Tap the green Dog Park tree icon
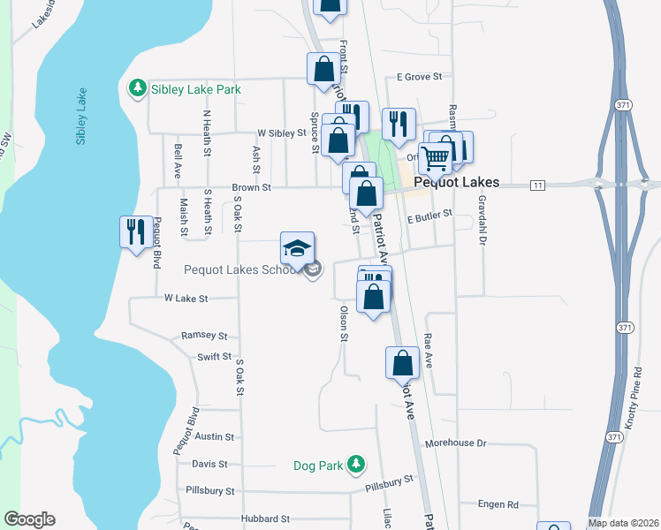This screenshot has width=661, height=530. coord(355,463)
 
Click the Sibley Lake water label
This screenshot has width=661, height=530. coord(81,116)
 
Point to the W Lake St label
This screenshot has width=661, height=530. coord(186,299)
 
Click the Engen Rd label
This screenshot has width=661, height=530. coord(498,504)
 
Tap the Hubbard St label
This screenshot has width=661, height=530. coord(265,519)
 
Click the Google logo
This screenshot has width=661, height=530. coord(29,519)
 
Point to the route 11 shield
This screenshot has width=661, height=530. coord(536,185)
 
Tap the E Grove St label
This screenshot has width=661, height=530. coord(419,77)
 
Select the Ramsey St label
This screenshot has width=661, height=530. coord(204,336)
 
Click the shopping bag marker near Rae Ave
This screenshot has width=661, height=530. coord(403,362)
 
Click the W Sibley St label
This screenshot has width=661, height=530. coord(281,133)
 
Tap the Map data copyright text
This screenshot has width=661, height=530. coord(624,523)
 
